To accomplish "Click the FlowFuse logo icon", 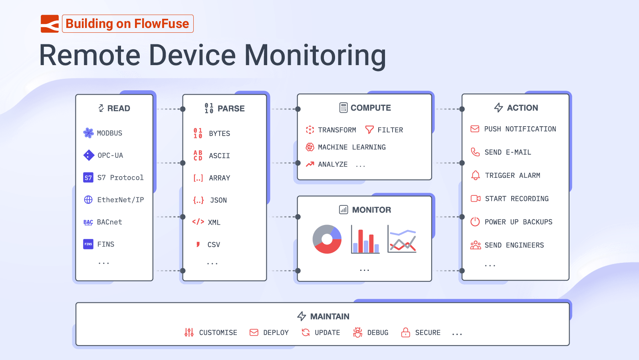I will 50,24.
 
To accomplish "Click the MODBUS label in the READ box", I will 109,133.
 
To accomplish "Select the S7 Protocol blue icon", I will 88,177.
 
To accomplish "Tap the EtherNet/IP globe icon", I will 88,200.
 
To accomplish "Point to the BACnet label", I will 109,222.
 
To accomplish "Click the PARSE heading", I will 231,109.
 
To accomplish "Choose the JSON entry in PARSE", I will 218,200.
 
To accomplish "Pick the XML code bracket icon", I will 198,222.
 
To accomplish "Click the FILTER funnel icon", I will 369,130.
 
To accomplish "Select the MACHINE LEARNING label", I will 352,147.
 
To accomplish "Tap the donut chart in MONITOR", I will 327,239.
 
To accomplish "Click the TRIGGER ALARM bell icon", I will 475,175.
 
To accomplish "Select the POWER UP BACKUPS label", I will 518,222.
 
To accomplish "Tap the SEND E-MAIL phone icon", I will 475,152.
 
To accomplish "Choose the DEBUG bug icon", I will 358,332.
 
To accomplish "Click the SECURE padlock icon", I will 406,332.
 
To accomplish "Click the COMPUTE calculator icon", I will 343,107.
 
